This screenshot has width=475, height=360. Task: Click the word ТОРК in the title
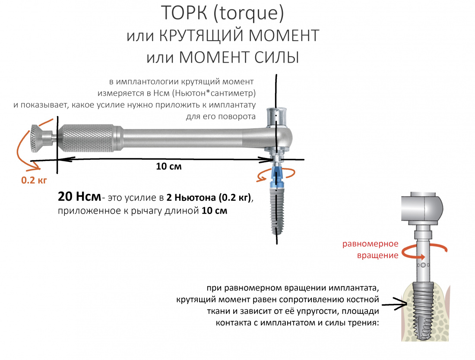pyautogui.click(x=184, y=13)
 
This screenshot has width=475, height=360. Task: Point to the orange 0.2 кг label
pyautogui.click(x=34, y=180)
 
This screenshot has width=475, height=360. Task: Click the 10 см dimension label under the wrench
pyautogui.click(x=169, y=166)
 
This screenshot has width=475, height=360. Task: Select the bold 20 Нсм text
pyautogui.click(x=79, y=196)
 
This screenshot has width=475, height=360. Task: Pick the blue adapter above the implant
pyautogui.click(x=277, y=176)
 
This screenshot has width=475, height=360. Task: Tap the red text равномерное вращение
pyautogui.click(x=370, y=249)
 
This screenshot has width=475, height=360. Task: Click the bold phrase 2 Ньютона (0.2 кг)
pyautogui.click(x=209, y=198)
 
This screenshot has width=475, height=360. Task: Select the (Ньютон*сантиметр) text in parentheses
pyautogui.click(x=214, y=93)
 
